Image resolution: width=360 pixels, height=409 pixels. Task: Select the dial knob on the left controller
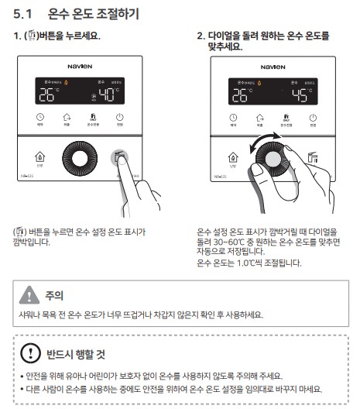pos(81,159)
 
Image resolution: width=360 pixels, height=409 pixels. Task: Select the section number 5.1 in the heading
pos(26,14)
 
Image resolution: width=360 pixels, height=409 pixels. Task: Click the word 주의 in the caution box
pos(53,295)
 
